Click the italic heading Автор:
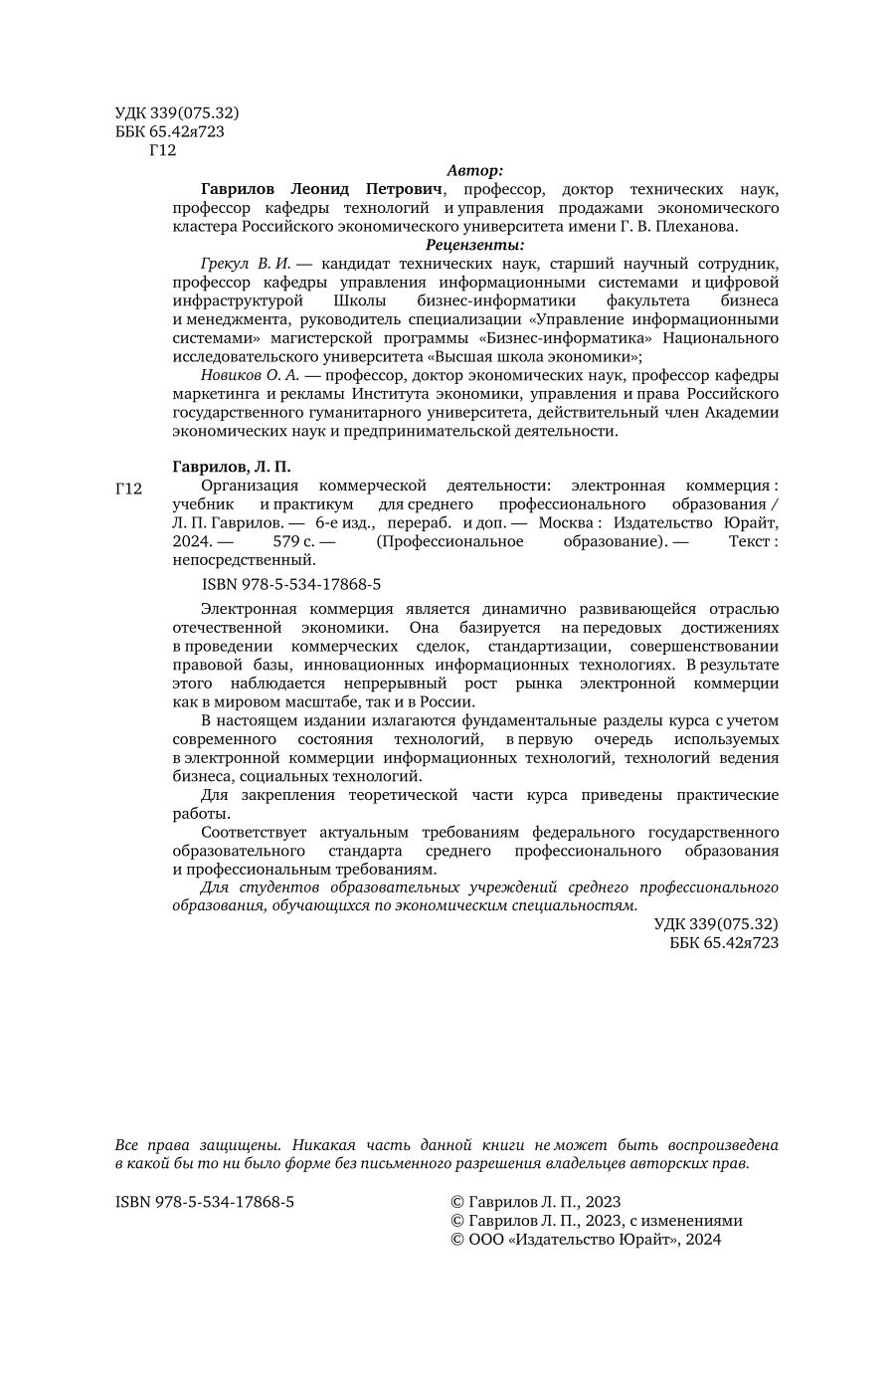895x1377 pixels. pyautogui.click(x=475, y=170)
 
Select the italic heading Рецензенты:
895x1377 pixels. pyautogui.click(x=475, y=245)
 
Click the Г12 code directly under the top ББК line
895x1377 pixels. pyautogui.click(x=161, y=150)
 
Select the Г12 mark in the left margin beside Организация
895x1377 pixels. pyautogui.click(x=129, y=489)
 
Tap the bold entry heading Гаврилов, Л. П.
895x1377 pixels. pyautogui.click(x=231, y=466)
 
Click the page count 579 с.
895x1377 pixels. pyautogui.click(x=294, y=541)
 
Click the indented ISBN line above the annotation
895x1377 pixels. pyautogui.click(x=290, y=585)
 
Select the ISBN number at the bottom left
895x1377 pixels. pyautogui.click(x=205, y=1202)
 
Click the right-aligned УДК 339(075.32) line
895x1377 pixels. pyautogui.click(x=716, y=924)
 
